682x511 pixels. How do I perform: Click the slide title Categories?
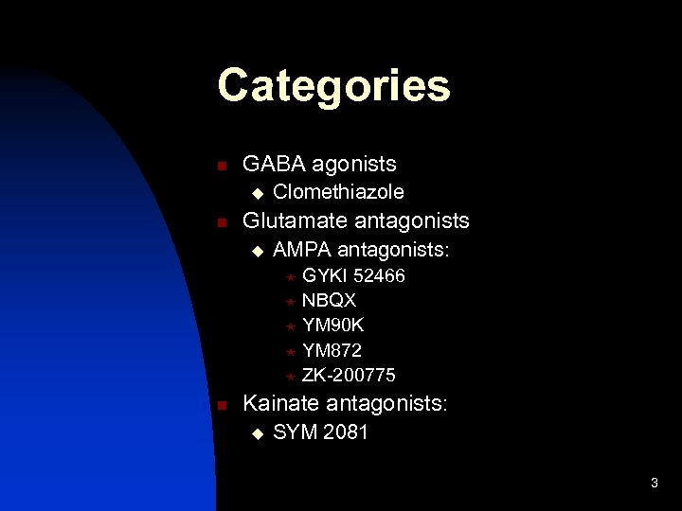[333, 86]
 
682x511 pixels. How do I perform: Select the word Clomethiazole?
[338, 192]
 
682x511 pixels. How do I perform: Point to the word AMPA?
[301, 250]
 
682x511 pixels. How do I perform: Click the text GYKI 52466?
[352, 276]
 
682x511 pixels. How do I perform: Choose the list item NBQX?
[329, 301]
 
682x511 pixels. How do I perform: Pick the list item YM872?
[332, 350]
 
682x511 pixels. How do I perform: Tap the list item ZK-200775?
[349, 375]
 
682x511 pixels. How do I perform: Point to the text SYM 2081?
[320, 433]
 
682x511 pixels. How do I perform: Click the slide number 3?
[654, 484]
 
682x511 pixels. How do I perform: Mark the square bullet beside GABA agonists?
[221, 167]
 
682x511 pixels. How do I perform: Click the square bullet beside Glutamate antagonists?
[221, 223]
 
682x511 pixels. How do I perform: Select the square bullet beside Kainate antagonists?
[221, 405]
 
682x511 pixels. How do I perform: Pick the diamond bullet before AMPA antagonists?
[254, 252]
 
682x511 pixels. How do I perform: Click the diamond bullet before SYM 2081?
[254, 435]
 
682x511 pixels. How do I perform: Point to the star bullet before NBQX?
[290, 302]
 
